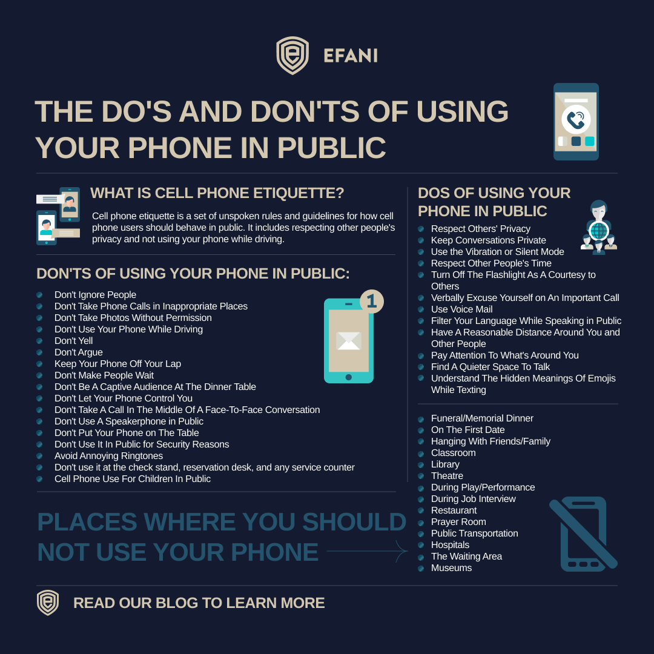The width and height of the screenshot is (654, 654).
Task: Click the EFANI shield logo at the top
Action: [292, 56]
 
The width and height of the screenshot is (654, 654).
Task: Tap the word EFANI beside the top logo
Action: [351, 56]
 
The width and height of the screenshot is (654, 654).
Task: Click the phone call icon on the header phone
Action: [576, 119]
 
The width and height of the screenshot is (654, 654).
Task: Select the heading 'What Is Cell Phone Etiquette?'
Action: [217, 193]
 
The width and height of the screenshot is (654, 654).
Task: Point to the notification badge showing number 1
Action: [372, 301]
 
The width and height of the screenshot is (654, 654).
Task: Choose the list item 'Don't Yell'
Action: [73, 341]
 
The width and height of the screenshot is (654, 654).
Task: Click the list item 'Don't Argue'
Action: [78, 352]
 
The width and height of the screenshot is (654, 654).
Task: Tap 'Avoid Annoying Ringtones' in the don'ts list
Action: [108, 456]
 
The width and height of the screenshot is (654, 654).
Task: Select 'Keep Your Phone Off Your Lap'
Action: [117, 364]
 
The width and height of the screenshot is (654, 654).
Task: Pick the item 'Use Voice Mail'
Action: [461, 309]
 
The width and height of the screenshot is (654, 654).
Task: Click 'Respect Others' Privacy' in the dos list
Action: [480, 229]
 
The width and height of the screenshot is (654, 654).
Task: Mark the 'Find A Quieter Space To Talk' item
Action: [490, 367]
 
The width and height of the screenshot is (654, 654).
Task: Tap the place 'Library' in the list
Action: [445, 464]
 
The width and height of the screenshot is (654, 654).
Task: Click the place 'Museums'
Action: [451, 568]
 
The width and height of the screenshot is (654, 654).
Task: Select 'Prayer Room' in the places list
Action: [458, 522]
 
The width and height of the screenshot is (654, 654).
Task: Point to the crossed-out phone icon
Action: [583, 534]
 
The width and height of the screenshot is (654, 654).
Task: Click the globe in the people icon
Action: [598, 231]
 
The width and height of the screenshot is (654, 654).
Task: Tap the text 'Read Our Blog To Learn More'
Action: [199, 603]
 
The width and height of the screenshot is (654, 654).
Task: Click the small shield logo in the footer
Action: [48, 603]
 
